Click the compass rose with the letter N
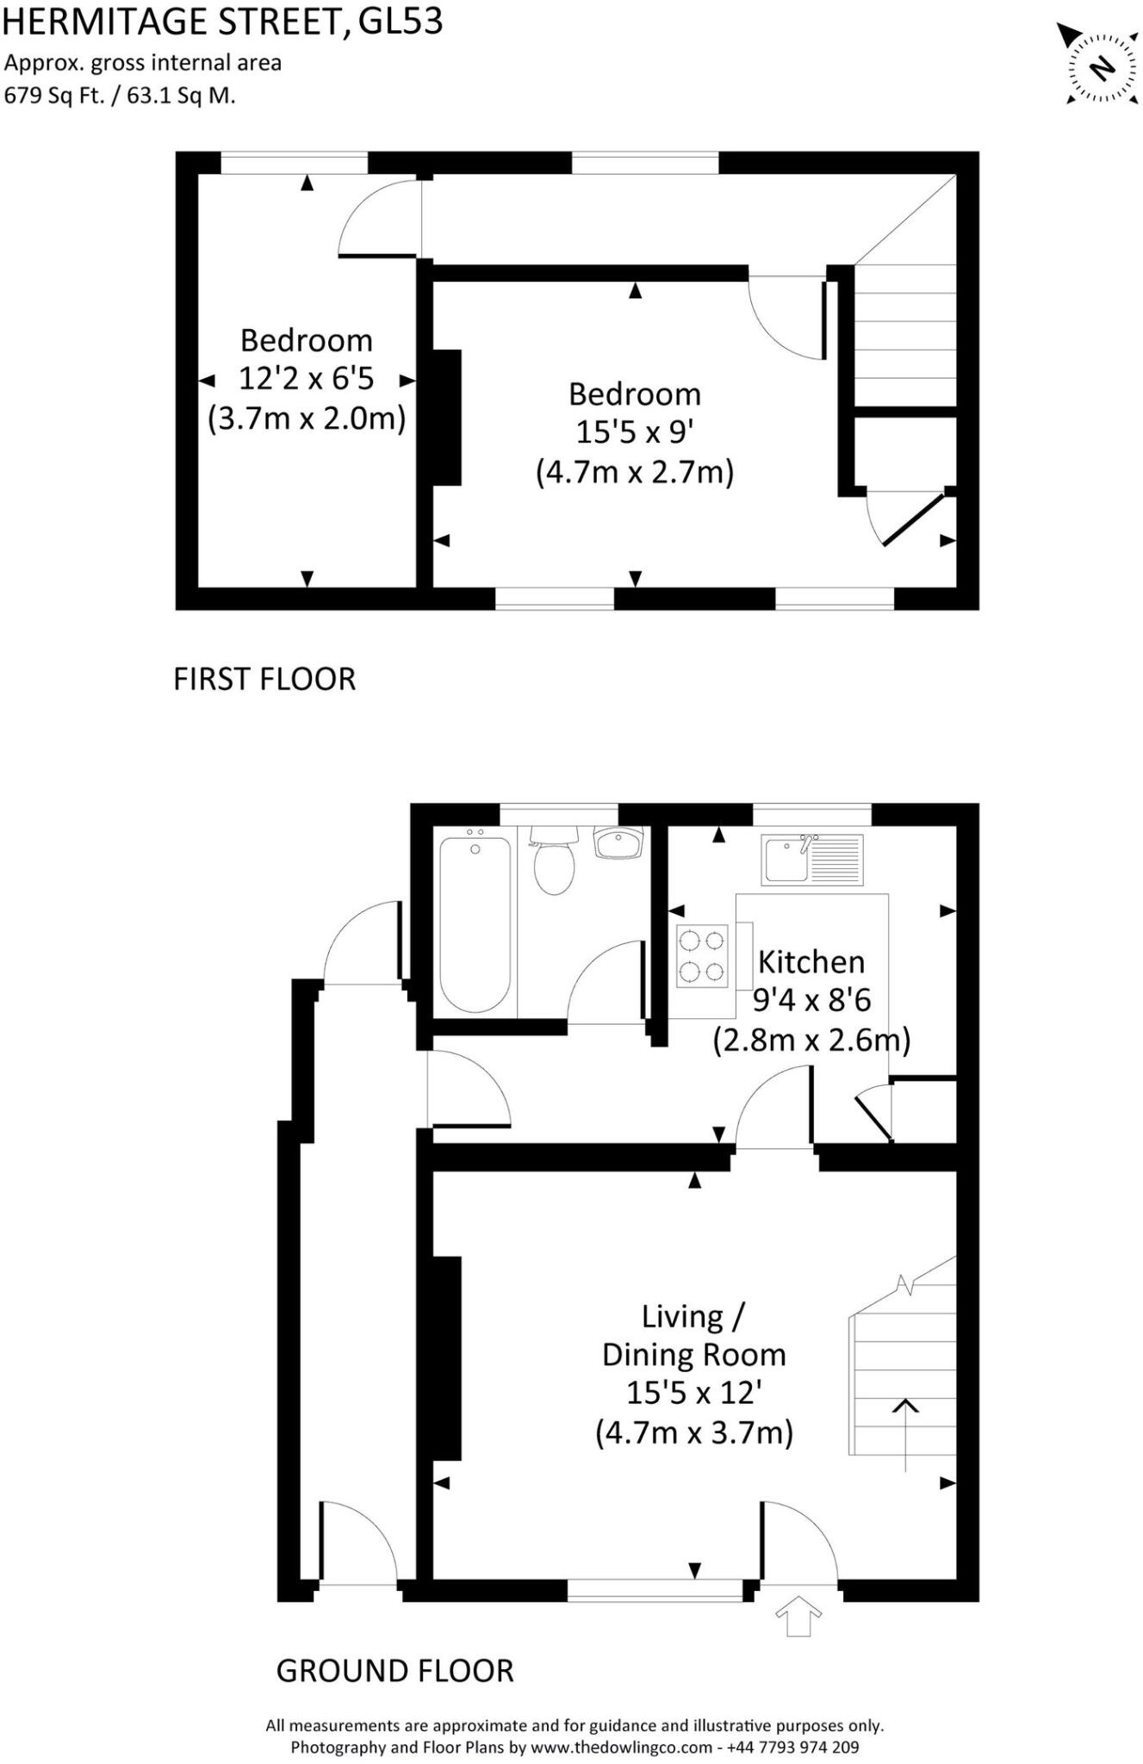pos(1102,66)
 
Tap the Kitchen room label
pos(811,961)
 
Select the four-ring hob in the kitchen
pos(702,955)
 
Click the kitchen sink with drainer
pos(811,859)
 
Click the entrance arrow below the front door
pos(798,1616)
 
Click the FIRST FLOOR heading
pos(264,680)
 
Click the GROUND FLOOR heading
pos(394,1671)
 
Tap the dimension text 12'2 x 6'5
pos(306,379)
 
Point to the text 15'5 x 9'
pos(634,432)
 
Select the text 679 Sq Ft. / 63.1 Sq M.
pos(120,96)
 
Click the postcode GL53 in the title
pos(400,21)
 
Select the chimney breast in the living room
pos(446,1358)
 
